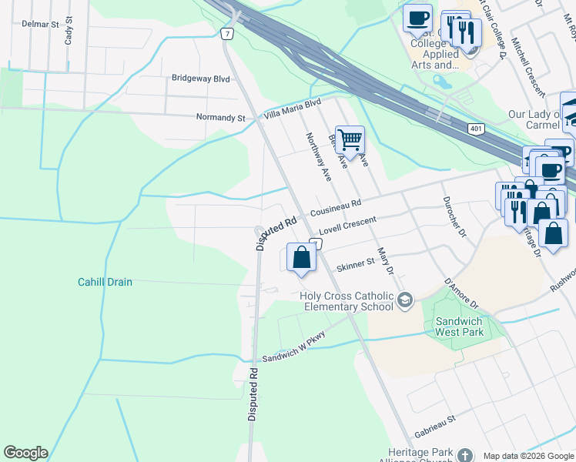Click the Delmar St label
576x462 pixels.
tap(40, 25)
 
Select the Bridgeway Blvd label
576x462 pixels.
tap(201, 79)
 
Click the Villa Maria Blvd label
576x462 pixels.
tap(293, 109)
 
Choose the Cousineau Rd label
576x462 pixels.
tap(336, 209)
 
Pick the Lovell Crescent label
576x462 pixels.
tap(347, 226)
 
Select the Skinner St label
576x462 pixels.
tap(355, 262)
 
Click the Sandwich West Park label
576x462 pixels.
tap(459, 326)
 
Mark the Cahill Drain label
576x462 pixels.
tap(105, 282)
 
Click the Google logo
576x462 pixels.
tap(25, 453)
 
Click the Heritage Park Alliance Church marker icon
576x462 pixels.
tap(464, 454)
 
